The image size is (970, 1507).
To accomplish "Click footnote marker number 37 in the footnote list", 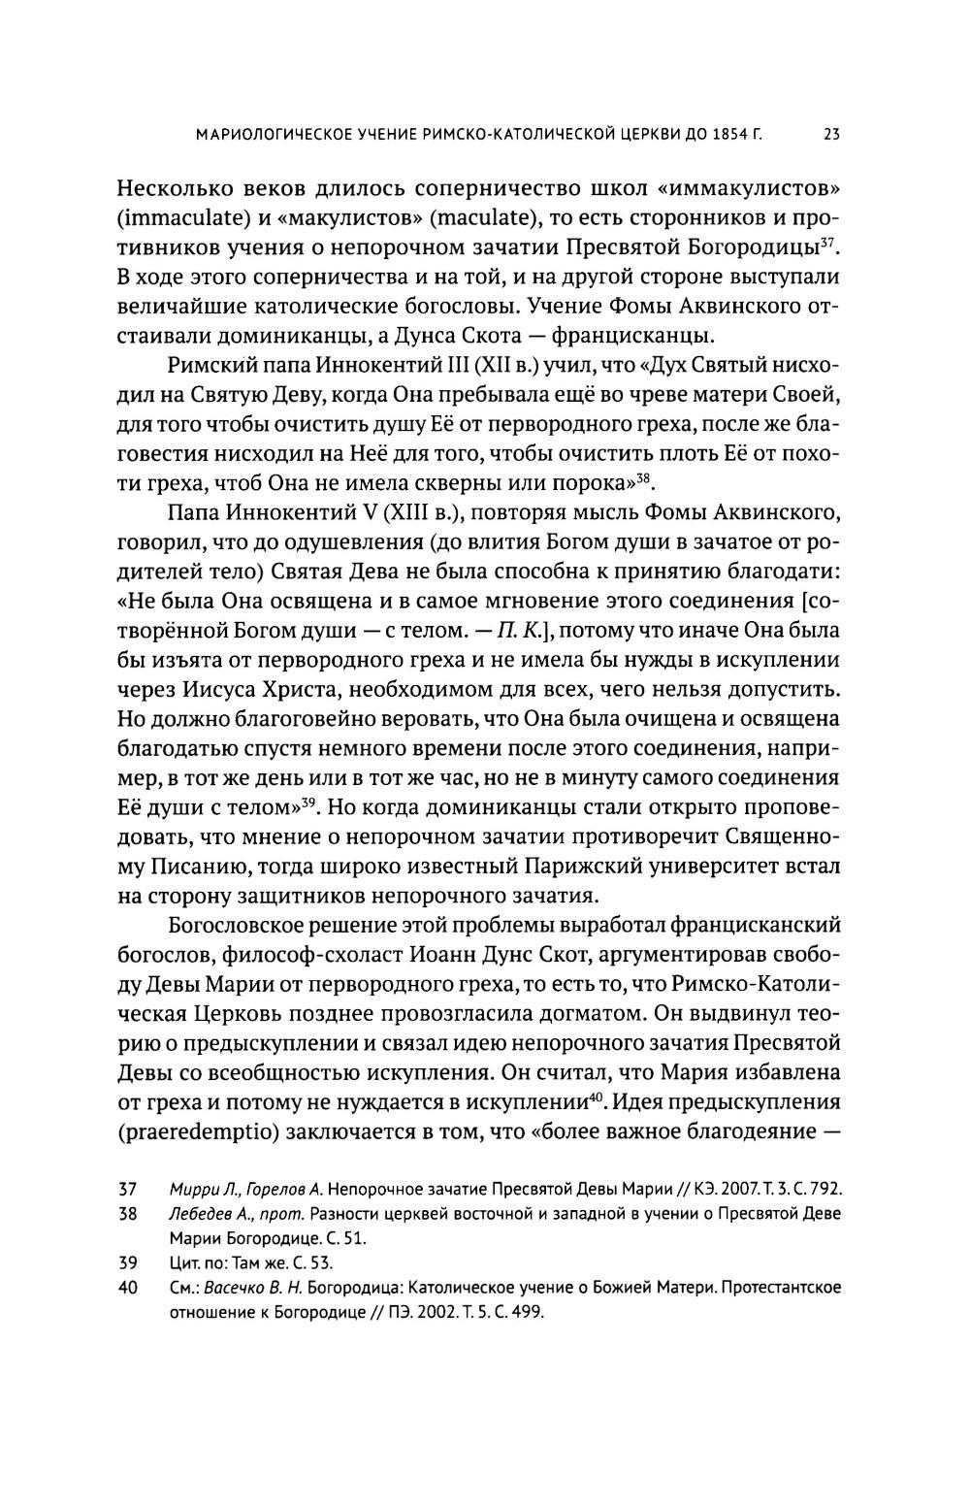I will click(x=126, y=1189).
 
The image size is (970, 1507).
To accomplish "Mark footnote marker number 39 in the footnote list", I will click(x=126, y=1262).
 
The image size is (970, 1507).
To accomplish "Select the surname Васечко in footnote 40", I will click(x=233, y=1288).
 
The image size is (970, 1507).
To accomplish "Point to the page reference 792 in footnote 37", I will click(x=828, y=1189).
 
